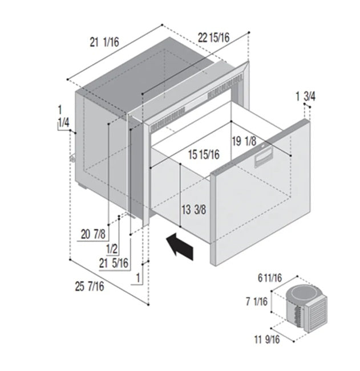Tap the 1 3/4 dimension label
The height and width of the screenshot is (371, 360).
(305, 96)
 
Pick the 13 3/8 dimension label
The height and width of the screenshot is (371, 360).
(194, 209)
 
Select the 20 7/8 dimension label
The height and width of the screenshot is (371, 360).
(94, 233)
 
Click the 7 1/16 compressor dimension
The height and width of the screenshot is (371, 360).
(256, 302)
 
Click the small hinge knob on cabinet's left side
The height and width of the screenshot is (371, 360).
(73, 160)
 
